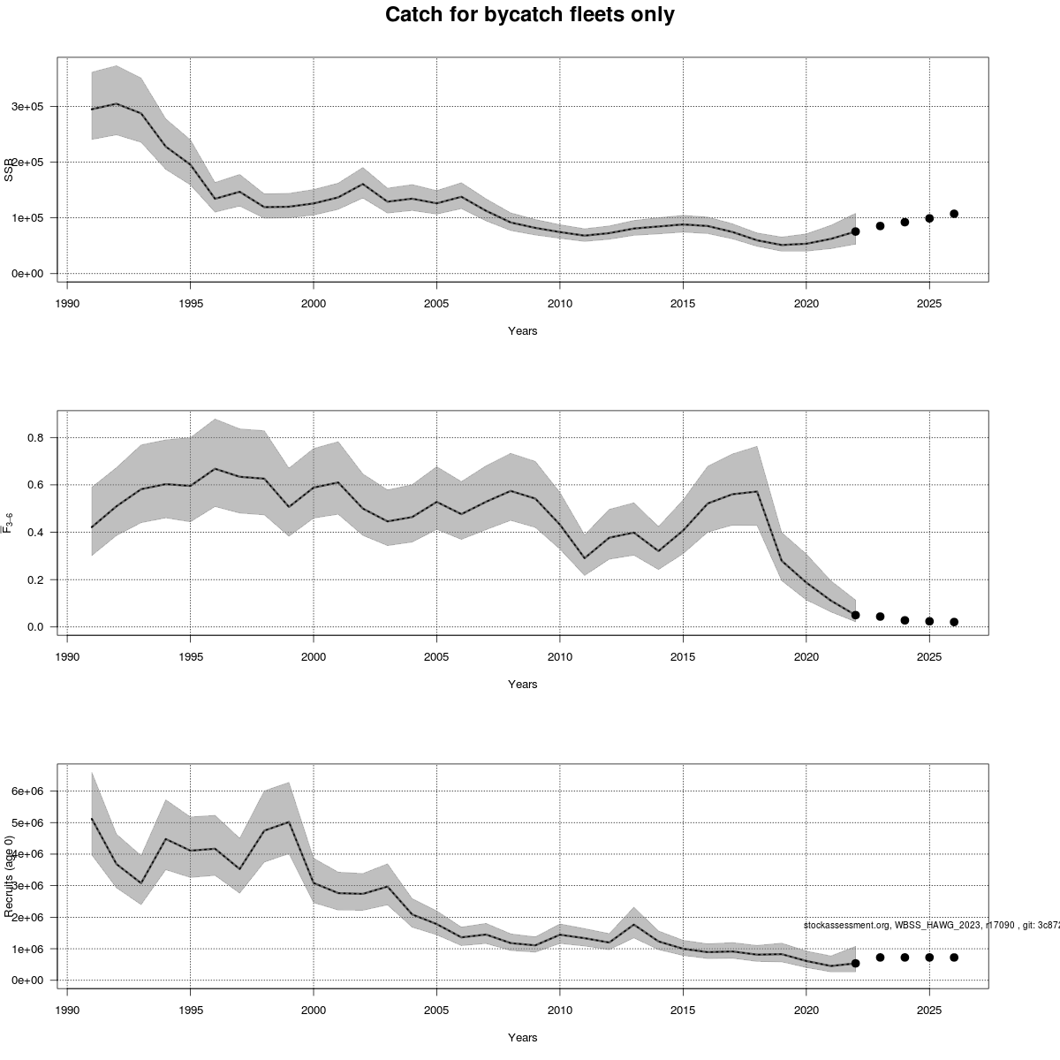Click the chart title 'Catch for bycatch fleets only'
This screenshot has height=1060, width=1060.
tap(530, 15)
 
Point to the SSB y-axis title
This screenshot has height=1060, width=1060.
tap(9, 169)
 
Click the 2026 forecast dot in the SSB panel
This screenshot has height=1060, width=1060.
tap(954, 214)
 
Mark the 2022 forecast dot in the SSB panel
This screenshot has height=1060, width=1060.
tap(855, 231)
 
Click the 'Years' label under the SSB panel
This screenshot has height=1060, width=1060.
tap(522, 331)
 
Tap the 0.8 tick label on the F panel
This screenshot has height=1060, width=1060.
tap(35, 438)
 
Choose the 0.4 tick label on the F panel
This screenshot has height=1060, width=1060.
tap(35, 533)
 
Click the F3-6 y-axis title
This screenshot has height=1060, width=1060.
tap(9, 523)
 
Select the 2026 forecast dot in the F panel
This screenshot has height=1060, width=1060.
tap(954, 622)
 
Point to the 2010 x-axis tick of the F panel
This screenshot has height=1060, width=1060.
tap(559, 657)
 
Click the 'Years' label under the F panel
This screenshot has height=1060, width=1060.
tap(522, 685)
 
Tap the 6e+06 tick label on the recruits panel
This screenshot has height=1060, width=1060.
tap(26, 791)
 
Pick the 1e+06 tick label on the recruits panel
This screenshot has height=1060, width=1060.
tap(26, 950)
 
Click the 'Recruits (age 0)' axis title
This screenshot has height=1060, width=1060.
tap(9, 875)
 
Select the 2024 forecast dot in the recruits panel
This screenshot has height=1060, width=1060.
tap(905, 958)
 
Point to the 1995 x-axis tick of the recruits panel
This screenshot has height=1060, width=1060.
tap(190, 1011)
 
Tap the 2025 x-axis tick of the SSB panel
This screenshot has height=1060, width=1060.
tap(929, 304)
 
